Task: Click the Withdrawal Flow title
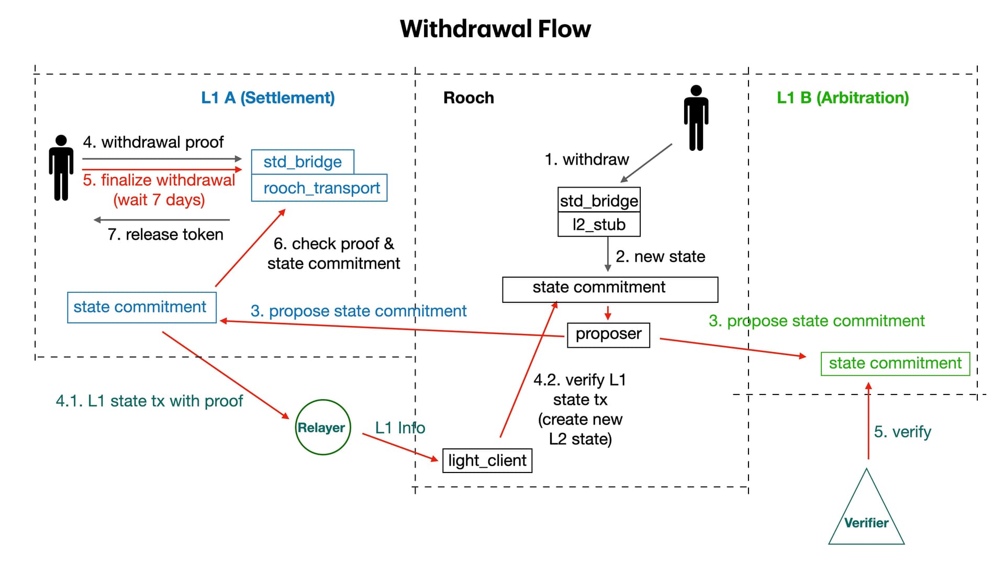[x=495, y=29]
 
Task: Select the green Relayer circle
[x=322, y=427]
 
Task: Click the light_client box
[x=487, y=460]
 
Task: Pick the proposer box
[x=608, y=335]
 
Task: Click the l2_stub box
[x=599, y=225]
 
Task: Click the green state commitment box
[x=895, y=364]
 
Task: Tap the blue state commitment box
[x=141, y=307]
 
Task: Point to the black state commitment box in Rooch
[x=610, y=289]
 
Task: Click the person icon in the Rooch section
[x=696, y=118]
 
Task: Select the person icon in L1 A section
[x=61, y=168]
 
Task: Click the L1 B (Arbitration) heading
[x=843, y=98]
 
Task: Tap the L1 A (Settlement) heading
[x=267, y=98]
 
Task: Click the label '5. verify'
[x=902, y=432]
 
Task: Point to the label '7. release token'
[x=165, y=235]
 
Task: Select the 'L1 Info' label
[x=400, y=428]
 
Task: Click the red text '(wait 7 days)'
[x=159, y=200]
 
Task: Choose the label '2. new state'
[x=660, y=257]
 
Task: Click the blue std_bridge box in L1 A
[x=303, y=162]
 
